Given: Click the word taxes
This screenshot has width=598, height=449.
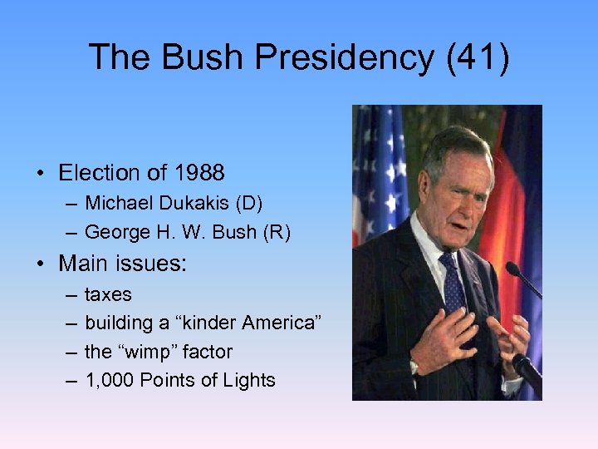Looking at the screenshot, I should (108, 294).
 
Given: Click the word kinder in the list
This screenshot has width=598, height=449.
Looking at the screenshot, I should (180, 323).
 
